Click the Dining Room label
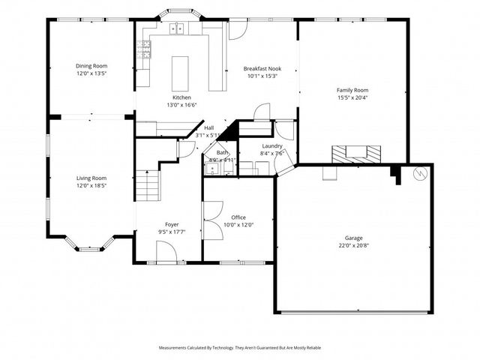[91, 66]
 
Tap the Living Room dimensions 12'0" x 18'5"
[91, 184]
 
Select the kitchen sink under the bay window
[177, 29]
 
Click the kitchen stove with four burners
[143, 51]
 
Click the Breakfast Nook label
[261, 68]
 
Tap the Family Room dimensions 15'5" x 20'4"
[352, 97]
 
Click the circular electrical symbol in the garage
[419, 174]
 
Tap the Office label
[238, 217]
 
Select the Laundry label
[271, 146]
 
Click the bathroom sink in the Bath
[211, 169]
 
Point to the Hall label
[208, 128]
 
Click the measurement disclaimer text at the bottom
[240, 348]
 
